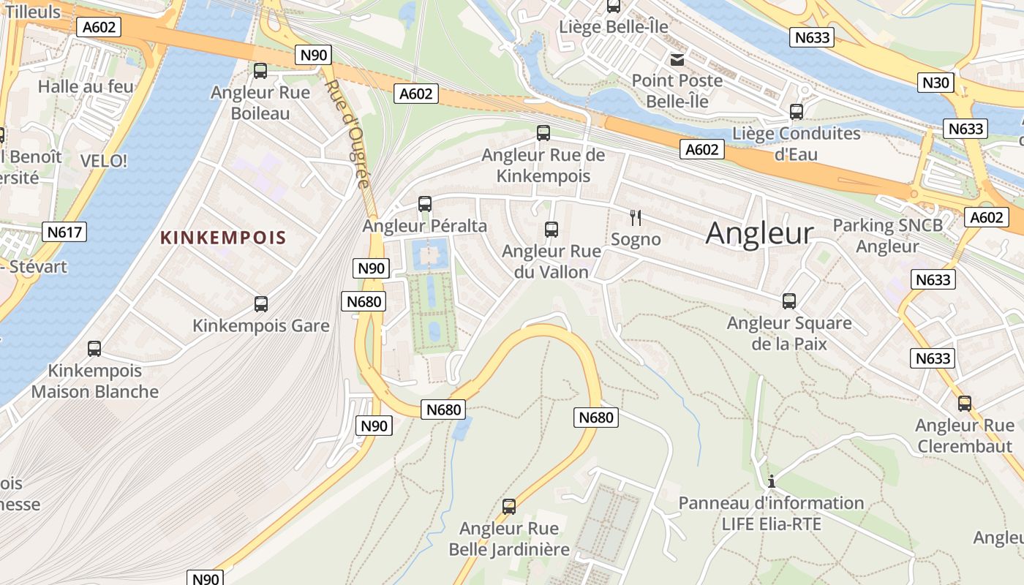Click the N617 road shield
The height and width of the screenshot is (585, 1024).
tap(65, 233)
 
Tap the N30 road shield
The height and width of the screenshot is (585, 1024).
tap(935, 83)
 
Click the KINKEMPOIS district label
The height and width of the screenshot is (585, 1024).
tap(223, 238)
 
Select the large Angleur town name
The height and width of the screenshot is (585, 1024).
tap(759, 233)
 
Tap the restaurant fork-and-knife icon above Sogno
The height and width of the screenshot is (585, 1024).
tap(636, 217)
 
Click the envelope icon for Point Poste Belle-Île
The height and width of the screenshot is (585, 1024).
tap(677, 59)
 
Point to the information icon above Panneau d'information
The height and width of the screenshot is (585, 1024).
tap(771, 481)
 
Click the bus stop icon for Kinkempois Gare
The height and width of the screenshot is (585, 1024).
tap(261, 304)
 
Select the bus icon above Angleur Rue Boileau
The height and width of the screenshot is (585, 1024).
tap(260, 71)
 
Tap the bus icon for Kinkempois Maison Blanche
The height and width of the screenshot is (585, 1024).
tap(94, 349)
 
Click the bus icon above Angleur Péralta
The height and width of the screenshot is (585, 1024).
tap(425, 204)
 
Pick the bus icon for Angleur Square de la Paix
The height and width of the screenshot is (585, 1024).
tap(789, 301)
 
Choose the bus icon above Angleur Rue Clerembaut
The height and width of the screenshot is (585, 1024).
tap(965, 404)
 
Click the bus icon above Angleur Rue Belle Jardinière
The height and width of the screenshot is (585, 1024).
tap(509, 506)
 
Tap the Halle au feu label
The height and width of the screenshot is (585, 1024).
tap(86, 86)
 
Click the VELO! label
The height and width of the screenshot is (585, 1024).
tap(103, 161)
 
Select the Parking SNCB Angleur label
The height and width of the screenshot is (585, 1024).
tap(887, 235)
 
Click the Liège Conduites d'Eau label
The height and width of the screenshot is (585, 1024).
tap(796, 143)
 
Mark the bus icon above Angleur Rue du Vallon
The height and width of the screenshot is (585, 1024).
tap(551, 230)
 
